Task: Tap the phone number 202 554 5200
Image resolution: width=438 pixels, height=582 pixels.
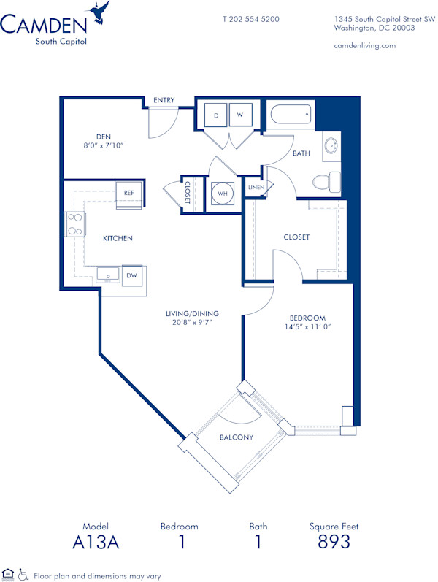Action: tap(250, 19)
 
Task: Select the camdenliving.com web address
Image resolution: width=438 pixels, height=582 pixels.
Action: tap(364, 45)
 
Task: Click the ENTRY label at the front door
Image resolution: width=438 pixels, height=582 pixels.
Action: tap(164, 101)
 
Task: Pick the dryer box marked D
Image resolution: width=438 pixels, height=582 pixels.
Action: tap(215, 115)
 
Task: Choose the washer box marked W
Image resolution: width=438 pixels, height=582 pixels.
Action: tap(240, 115)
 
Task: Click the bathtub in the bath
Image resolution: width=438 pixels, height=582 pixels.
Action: tap(291, 115)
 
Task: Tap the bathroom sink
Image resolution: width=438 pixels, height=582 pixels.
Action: tap(331, 145)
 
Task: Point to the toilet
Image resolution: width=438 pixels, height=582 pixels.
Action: tap(325, 180)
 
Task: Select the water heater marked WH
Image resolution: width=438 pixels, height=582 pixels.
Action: tap(221, 194)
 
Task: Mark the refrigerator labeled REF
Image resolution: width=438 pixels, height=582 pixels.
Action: tap(129, 193)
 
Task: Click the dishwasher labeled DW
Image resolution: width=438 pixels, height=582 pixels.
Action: tap(132, 275)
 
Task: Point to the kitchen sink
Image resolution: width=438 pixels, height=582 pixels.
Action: tap(110, 275)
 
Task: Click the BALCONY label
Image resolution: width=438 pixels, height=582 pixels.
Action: tap(237, 437)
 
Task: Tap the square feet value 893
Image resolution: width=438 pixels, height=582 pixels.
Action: tap(334, 542)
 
